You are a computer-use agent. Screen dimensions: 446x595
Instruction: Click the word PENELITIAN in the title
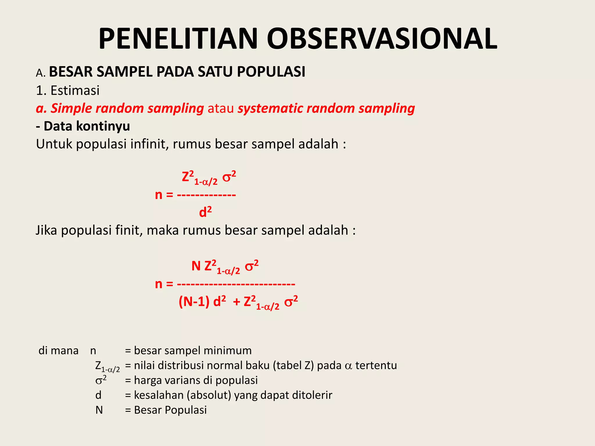178,39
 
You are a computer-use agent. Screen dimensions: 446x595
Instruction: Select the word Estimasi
75,91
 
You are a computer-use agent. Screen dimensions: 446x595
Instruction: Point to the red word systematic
270,108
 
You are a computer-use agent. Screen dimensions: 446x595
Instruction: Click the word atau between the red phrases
221,108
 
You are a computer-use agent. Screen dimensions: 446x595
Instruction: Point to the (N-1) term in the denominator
194,302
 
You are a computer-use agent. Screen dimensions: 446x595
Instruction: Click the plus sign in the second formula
236,302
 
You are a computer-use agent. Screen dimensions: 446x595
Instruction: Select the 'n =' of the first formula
164,195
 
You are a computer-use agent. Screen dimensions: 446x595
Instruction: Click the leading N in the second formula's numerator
196,266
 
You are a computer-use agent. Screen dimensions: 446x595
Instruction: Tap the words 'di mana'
58,351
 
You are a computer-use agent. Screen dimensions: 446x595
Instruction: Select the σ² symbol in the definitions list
101,380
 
